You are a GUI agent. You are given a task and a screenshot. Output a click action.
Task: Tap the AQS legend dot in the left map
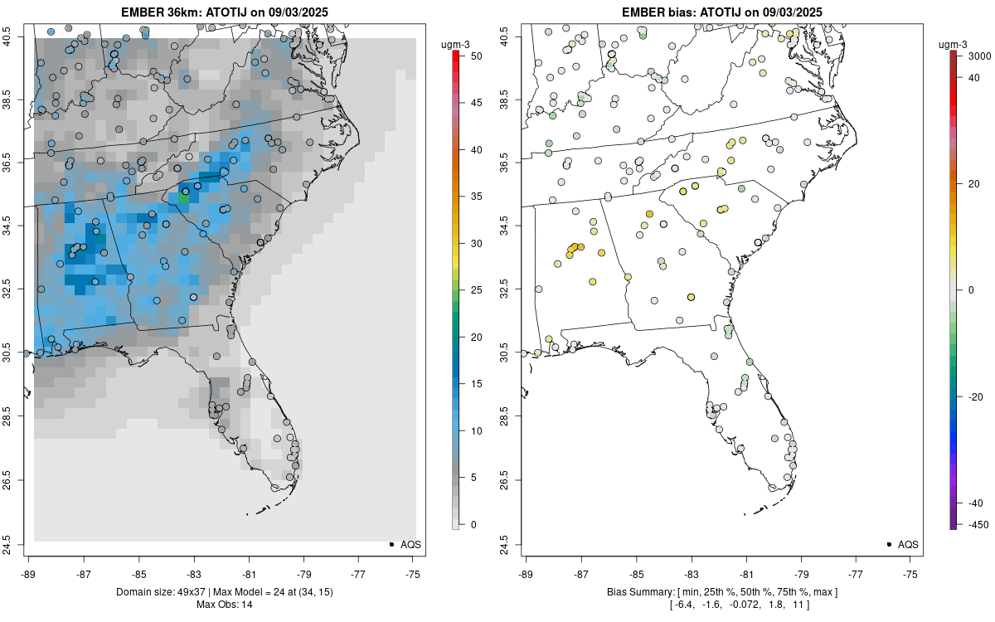pyautogui.click(x=391, y=544)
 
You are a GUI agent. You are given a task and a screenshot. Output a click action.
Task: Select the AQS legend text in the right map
pyautogui.click(x=908, y=544)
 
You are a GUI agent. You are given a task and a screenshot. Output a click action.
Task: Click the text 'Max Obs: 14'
pyautogui.click(x=225, y=604)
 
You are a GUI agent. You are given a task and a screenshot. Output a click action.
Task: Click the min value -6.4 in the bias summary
pyautogui.click(x=687, y=604)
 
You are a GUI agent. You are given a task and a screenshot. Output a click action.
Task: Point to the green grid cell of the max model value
pyautogui.click(x=184, y=198)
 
